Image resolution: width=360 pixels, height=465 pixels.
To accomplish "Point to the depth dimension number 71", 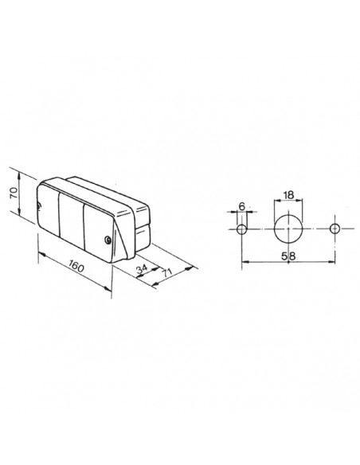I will (166, 272).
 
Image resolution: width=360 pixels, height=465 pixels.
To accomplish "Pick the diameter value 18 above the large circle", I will (288, 194).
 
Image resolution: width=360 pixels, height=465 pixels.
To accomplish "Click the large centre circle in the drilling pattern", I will (288, 230).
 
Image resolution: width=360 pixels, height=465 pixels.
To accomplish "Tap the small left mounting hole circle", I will (242, 230).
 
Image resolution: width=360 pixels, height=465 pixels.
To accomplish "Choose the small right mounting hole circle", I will (335, 230).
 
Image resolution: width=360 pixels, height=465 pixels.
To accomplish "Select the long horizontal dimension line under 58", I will (288, 262).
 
